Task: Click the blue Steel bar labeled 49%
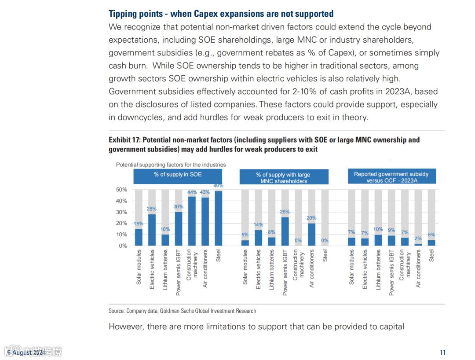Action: pyautogui.click(x=218, y=218)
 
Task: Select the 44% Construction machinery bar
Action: pyautogui.click(x=192, y=221)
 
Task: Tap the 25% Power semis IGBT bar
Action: pyautogui.click(x=285, y=231)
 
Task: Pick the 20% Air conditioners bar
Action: pyautogui.click(x=312, y=234)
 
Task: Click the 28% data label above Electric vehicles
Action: pyautogui.click(x=152, y=209)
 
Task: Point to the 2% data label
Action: pyautogui.click(x=418, y=239)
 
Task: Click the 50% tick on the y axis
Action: pyautogui.click(x=121, y=190)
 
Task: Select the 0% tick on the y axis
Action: pyautogui.click(x=123, y=246)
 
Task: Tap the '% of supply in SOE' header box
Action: pyautogui.click(x=178, y=175)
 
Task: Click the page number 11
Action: pyautogui.click(x=442, y=352)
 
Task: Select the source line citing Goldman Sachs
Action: pyautogui.click(x=182, y=311)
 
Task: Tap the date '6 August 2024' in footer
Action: pyautogui.click(x=26, y=353)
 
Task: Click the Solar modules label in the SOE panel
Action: pyautogui.click(x=139, y=267)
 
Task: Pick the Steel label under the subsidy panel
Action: pyautogui.click(x=431, y=256)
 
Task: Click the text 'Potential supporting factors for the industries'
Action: pyautogui.click(x=171, y=165)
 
